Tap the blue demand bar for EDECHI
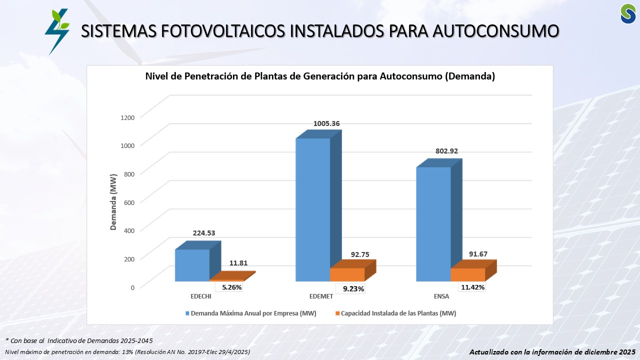[192, 265]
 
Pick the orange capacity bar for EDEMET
[347, 274]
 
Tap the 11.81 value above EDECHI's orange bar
[238, 263]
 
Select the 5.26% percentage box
[231, 287]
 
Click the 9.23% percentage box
[353, 288]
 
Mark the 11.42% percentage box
[471, 287]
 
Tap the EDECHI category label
[201, 296]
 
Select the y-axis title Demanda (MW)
[113, 202]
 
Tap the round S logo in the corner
[628, 13]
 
